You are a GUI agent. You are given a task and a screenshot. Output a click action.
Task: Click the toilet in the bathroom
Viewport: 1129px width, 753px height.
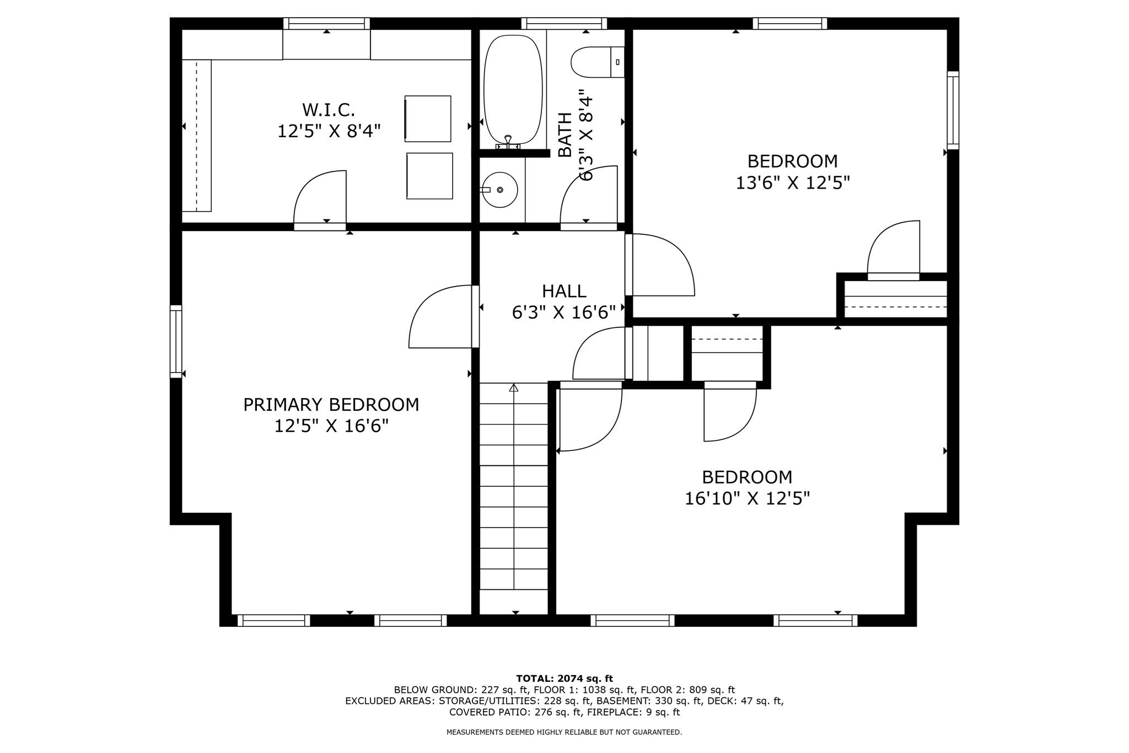pos(598,62)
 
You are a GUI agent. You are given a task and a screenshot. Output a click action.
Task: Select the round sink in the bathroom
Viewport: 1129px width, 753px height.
pos(499,190)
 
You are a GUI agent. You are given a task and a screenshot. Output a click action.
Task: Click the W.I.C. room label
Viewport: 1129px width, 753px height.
pos(329,110)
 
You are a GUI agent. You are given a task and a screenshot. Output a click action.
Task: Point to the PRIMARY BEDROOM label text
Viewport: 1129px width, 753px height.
pos(331,405)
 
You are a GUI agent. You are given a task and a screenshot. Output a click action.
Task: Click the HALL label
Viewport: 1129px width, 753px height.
pos(564,291)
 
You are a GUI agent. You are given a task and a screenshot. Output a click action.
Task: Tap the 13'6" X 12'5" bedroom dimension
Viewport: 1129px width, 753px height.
pos(793,182)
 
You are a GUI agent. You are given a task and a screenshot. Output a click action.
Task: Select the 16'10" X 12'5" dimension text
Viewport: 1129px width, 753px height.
pos(747,498)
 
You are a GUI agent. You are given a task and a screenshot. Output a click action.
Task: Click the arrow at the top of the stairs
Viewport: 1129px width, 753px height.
pos(514,388)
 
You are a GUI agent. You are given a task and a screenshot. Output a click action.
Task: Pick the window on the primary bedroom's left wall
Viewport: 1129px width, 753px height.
pos(176,341)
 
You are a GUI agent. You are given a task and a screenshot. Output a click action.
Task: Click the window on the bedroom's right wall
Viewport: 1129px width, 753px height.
pos(953,110)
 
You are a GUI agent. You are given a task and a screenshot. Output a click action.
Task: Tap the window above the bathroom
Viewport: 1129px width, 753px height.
pos(564,23)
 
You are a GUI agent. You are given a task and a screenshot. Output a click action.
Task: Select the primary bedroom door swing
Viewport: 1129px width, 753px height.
pos(440,316)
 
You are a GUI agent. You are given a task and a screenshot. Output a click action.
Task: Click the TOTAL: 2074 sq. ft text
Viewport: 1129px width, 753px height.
pos(564,679)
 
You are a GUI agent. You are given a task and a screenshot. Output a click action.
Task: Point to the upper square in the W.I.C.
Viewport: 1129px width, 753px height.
pos(428,119)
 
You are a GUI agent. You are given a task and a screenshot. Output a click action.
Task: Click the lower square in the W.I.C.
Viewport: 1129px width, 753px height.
pos(429,176)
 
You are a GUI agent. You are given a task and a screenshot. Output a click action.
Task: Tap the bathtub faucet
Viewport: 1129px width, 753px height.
pos(508,142)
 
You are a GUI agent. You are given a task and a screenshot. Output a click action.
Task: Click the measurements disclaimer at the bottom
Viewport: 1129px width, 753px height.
pos(564,733)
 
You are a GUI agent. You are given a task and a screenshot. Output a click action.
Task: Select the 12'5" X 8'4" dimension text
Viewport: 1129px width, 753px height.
pos(329,131)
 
